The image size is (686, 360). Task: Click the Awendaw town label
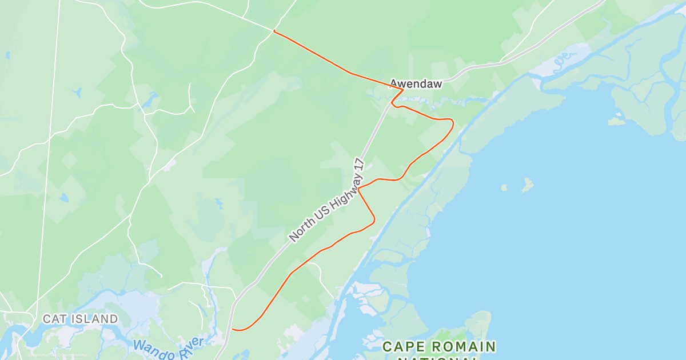click(416, 84)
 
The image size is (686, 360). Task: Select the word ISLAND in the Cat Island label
click(95, 319)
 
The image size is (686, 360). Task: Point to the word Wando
click(151, 347)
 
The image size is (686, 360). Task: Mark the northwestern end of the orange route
click(275, 31)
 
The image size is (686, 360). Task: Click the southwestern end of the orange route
click(233, 329)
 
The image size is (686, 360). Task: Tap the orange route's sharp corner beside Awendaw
click(403, 90)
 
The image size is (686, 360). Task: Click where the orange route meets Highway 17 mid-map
click(359, 189)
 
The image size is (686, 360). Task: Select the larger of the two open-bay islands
click(527, 184)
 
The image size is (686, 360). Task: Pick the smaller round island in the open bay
click(504, 187)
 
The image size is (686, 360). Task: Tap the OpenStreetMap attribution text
click(57, 355)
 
